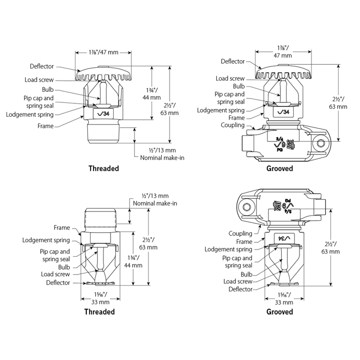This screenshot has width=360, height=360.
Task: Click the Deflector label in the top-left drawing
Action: point(42,66)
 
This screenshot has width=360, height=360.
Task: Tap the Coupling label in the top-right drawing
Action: point(233,125)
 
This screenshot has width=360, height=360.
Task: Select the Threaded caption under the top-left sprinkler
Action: point(104,168)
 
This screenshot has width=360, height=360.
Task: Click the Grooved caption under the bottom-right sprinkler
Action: point(280,312)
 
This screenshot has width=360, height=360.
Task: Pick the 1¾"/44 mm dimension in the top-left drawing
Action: point(152,94)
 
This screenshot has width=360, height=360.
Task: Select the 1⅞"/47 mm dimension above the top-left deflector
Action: point(104,52)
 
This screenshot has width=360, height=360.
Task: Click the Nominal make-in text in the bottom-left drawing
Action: point(155,203)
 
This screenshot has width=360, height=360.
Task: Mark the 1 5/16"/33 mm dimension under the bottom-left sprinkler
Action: point(100,298)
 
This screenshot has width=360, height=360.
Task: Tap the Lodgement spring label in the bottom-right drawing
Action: point(228,249)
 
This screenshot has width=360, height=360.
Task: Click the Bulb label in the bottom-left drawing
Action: point(64,267)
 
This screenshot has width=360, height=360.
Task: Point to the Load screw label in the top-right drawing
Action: point(230,78)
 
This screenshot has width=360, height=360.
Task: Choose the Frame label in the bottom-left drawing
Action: point(62,228)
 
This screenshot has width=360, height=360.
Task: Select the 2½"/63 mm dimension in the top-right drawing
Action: point(338,103)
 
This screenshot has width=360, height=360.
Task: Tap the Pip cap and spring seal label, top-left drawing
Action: point(39,102)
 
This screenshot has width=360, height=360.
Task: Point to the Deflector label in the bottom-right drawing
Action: point(240,289)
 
